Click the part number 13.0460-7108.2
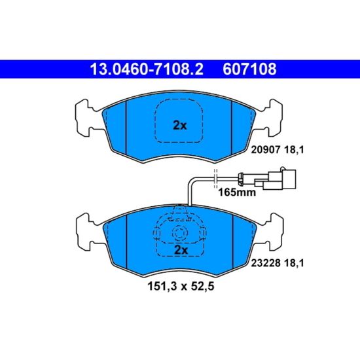(147, 69)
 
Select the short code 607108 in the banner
(249, 69)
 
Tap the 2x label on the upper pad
(180, 126)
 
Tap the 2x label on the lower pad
(181, 250)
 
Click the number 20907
(266, 150)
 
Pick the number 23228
(266, 263)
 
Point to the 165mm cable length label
(237, 192)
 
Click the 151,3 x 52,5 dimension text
(181, 286)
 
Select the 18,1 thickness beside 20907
(294, 150)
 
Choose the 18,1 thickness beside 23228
(294, 263)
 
